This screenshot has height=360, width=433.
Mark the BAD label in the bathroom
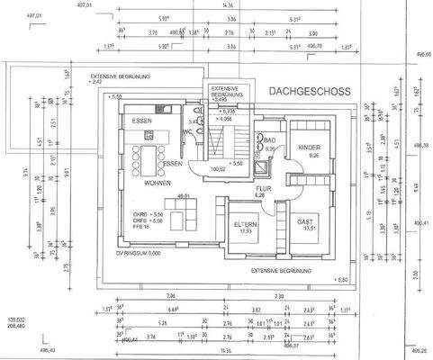coord(268,140)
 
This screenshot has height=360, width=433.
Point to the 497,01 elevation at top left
coord(12,14)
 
